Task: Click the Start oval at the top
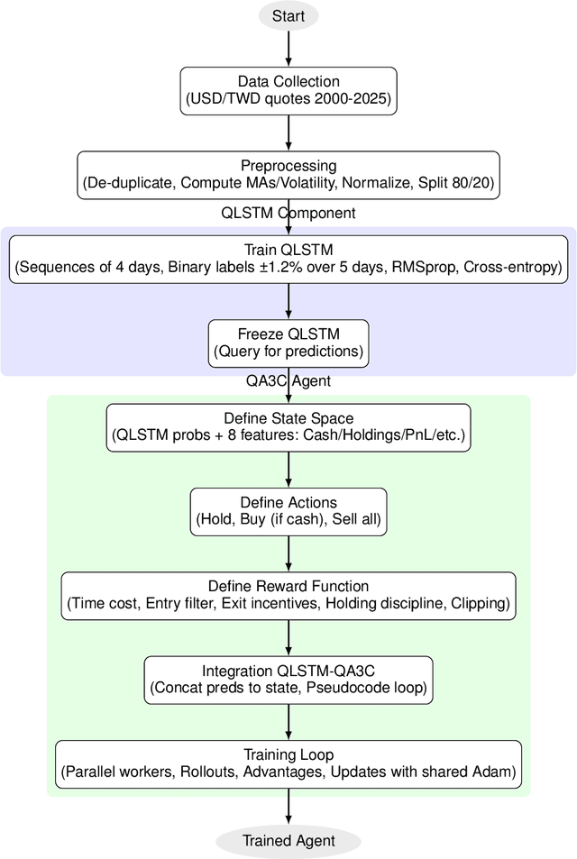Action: pos(288,16)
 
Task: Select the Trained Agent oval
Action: pos(288,841)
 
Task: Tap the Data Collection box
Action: pos(288,90)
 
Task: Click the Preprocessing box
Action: pos(288,174)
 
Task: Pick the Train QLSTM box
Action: pos(288,259)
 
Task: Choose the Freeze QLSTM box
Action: pos(288,343)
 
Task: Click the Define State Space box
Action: pos(288,427)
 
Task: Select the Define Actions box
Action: pos(288,511)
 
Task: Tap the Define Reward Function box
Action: pos(288,596)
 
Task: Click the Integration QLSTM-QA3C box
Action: pos(288,680)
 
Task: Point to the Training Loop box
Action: pos(288,763)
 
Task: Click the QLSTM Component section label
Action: pos(288,214)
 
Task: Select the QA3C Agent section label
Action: pos(288,381)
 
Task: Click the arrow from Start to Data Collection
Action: pos(288,49)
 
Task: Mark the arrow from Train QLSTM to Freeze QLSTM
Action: pos(288,300)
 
